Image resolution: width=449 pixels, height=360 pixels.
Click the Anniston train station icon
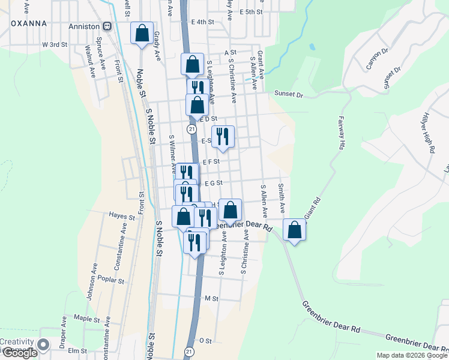(107, 26)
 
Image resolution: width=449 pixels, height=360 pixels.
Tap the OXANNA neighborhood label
(28, 23)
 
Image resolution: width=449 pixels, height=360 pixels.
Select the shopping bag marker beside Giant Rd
(294, 230)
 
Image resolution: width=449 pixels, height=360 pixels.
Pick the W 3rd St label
(54, 45)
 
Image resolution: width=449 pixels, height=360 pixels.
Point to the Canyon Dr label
(378, 59)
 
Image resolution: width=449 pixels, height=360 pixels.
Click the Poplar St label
(112, 280)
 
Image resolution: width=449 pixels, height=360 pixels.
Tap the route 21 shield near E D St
(191, 129)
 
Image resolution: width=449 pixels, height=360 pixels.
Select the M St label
(210, 298)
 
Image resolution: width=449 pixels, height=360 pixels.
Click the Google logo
(19, 353)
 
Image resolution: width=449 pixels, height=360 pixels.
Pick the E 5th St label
(252, 11)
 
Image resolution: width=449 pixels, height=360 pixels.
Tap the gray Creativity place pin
(43, 345)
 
